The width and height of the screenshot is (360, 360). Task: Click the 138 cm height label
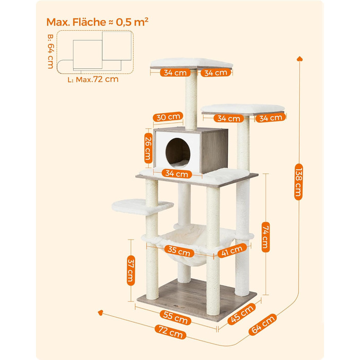(298, 181)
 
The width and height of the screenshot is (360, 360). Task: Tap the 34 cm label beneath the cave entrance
(176, 174)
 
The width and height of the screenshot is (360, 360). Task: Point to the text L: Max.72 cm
(93, 79)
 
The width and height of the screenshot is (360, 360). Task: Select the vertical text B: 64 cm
(50, 51)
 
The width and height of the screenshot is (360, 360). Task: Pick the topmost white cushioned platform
(191, 62)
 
